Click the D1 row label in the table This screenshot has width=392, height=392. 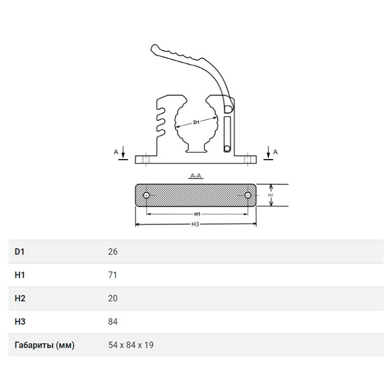(20, 251)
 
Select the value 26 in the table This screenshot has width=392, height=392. (113, 251)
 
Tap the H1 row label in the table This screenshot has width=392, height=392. (20, 275)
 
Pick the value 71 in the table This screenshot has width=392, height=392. (113, 275)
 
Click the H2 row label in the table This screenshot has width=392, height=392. (20, 298)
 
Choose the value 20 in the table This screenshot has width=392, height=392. (113, 298)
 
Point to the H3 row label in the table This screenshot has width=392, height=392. (20, 321)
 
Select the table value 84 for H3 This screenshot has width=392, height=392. (113, 321)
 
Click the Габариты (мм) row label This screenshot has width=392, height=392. (44, 346)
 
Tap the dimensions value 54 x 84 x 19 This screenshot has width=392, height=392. (130, 345)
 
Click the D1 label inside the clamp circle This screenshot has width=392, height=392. (196, 122)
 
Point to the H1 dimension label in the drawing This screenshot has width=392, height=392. (197, 214)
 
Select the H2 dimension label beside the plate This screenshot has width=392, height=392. (270, 195)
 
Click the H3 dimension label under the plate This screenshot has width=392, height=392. (195, 224)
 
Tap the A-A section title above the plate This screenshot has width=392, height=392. (195, 176)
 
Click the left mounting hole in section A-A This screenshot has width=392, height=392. (147, 195)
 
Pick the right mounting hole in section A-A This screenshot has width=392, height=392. (248, 195)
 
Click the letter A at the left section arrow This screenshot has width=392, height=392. (116, 152)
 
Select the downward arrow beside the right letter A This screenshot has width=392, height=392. (268, 152)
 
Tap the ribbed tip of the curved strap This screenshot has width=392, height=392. (156, 48)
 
